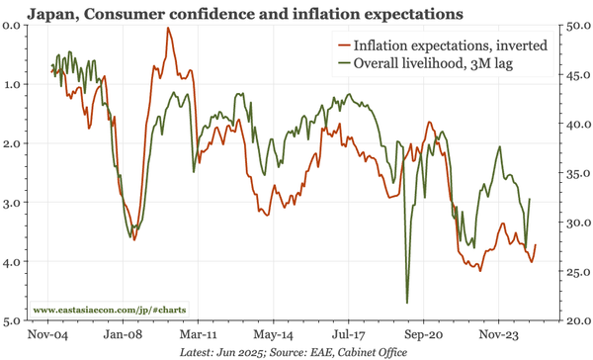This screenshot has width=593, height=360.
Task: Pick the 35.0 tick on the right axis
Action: pos(575,173)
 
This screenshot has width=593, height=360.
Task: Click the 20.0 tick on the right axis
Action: pos(575,321)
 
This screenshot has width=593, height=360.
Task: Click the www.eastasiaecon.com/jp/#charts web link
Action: pos(110,310)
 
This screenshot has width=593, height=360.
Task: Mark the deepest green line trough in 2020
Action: pos(407,303)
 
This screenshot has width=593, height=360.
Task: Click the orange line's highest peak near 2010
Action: pos(168,29)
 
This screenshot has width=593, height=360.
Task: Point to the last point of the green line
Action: pos(531,199)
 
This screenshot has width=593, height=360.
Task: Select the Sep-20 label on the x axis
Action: pos(423,334)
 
